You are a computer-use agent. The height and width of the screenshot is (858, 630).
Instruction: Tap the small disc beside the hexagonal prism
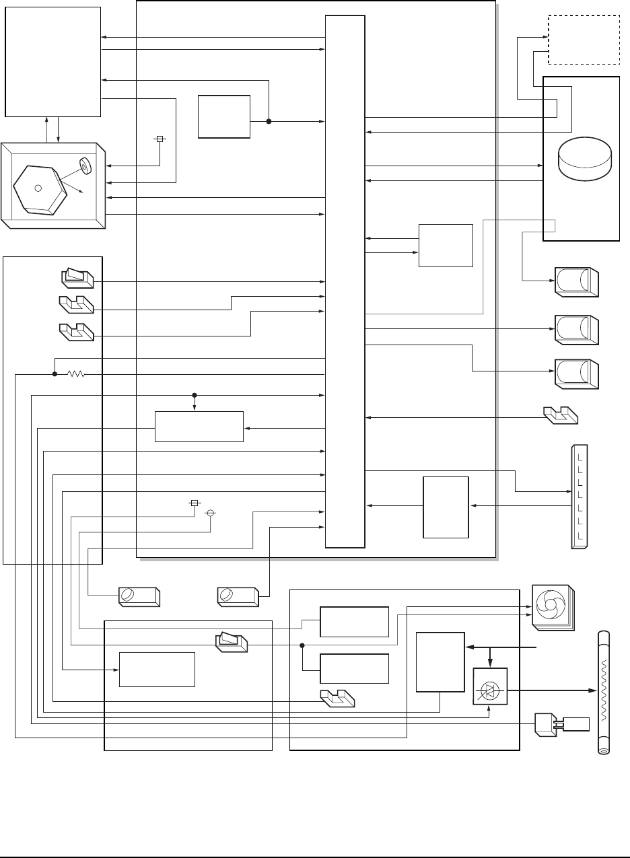pos(85,165)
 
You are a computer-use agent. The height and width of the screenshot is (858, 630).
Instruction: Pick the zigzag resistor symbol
pos(76,374)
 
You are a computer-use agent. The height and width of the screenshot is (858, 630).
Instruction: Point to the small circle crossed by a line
pos(210,513)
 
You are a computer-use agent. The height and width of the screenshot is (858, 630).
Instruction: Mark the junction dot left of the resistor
pos(54,374)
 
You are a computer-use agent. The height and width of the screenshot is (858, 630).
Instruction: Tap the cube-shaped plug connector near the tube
pos(544,725)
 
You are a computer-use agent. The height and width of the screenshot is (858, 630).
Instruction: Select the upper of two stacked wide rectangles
pos(354,622)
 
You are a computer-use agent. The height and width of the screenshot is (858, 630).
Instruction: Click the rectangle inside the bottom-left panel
pos(157,669)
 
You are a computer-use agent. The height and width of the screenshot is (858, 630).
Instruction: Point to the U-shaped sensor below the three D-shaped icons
pos(560,416)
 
